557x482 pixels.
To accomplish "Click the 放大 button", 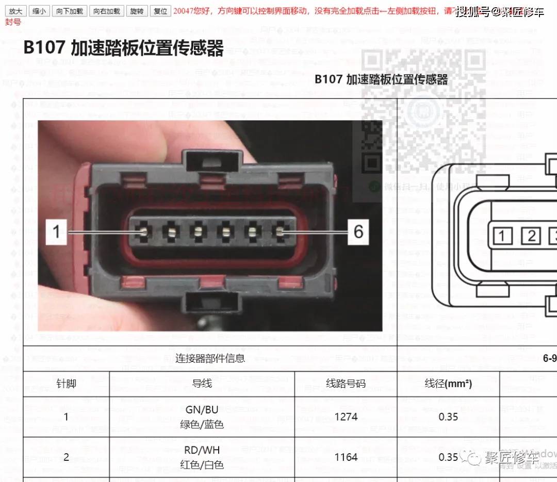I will point(15,11).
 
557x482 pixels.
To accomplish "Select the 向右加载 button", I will point(106,11).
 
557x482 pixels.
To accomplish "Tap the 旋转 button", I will point(137,11).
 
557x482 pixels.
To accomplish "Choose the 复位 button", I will point(160,11).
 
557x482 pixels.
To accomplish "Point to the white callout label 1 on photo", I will point(57,232).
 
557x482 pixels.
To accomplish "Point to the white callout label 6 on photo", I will point(358,232).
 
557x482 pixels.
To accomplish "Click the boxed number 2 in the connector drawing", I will point(530,236).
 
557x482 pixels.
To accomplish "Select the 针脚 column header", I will point(66,384).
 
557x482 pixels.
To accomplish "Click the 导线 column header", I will point(202,384).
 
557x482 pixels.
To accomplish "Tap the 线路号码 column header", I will point(346,384).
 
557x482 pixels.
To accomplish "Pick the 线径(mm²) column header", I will point(448,384).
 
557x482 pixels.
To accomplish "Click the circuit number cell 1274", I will point(346,417).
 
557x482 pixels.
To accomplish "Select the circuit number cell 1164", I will point(346,457).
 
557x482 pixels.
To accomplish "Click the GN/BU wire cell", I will point(202,417).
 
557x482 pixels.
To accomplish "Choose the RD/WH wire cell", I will point(202,457).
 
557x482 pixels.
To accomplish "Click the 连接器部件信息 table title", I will point(210,358).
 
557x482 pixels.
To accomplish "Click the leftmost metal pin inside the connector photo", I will point(145,232).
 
